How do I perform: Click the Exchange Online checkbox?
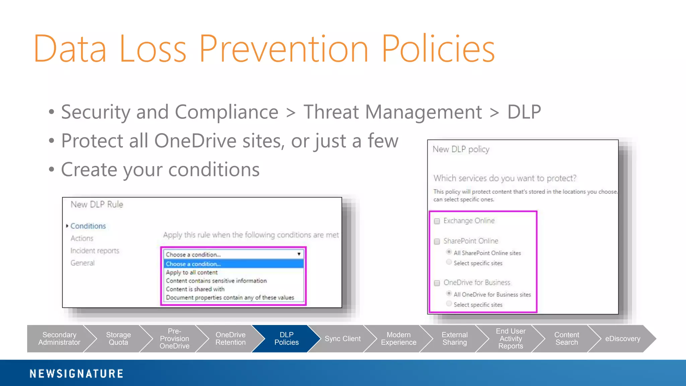tap(437, 221)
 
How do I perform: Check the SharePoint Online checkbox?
tap(437, 242)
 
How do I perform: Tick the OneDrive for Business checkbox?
tap(437, 283)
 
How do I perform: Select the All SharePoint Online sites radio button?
tap(449, 252)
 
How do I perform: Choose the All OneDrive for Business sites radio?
tap(449, 294)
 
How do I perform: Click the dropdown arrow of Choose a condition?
tap(299, 254)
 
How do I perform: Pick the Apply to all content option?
tap(192, 272)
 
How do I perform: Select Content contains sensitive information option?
tap(216, 281)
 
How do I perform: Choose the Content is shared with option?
tap(195, 289)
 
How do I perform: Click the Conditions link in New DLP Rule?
tap(88, 226)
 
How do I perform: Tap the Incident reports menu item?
tap(95, 251)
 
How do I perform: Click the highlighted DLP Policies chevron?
tap(286, 338)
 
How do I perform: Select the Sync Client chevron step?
tap(342, 339)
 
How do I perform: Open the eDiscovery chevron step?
tap(622, 339)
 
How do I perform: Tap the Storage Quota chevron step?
tap(118, 338)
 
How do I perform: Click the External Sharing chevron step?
tap(455, 338)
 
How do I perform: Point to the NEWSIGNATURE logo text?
tap(76, 374)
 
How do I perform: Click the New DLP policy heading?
tap(461, 149)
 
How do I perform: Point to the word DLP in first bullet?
tap(524, 112)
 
